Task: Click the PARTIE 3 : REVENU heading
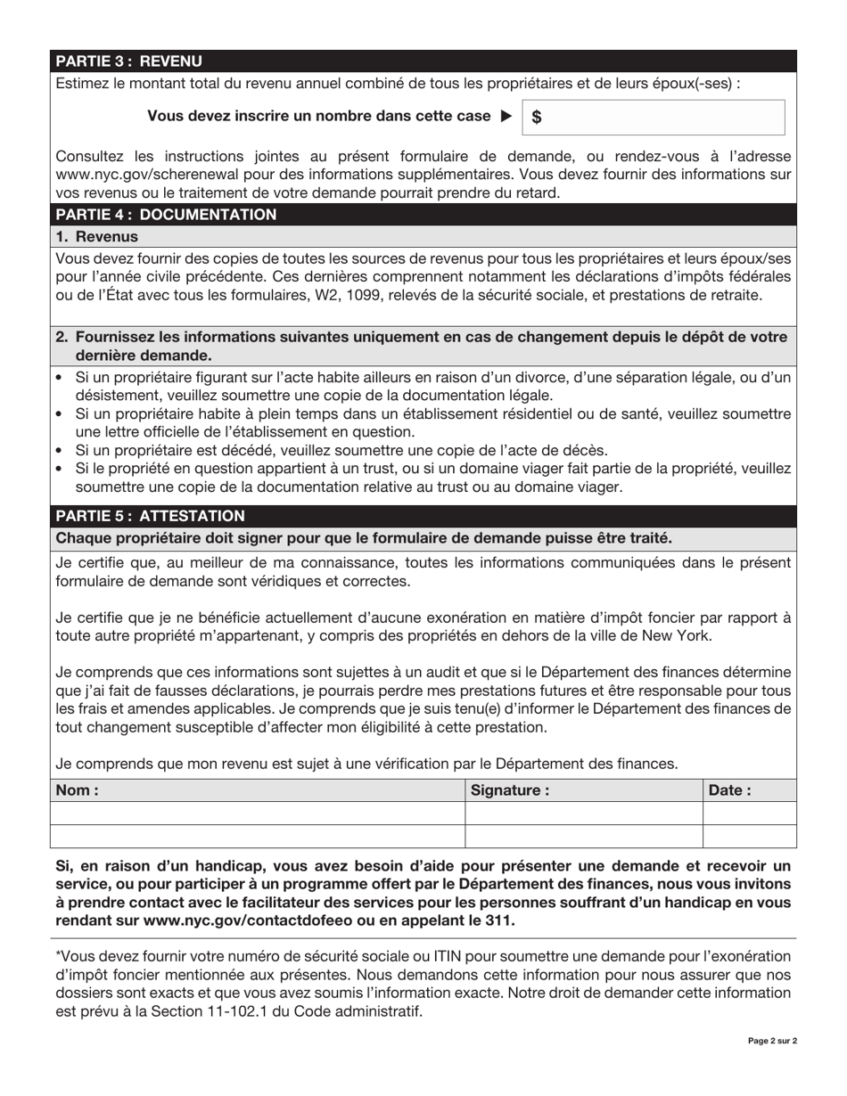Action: [x=129, y=61]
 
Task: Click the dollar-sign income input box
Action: [x=658, y=117]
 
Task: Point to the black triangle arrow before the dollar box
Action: [x=506, y=116]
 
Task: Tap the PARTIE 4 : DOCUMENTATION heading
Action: [x=166, y=215]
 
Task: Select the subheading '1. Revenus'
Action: [x=97, y=237]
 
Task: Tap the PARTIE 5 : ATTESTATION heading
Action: [x=150, y=516]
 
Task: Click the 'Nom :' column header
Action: [x=78, y=789]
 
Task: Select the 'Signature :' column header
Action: [x=510, y=789]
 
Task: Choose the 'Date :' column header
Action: [x=729, y=789]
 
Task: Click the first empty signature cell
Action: [x=584, y=813]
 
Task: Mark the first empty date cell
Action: [x=749, y=813]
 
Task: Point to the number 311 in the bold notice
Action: [x=499, y=920]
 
